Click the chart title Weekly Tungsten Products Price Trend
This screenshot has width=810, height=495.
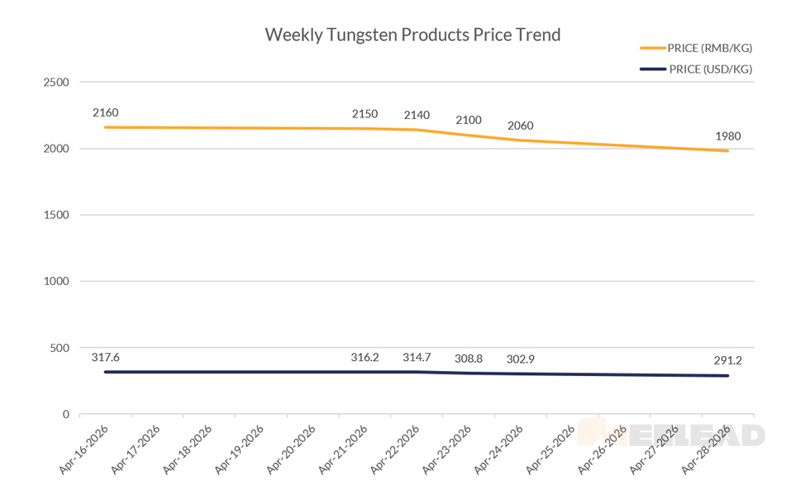[412, 35]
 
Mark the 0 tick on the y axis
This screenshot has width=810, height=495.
[64, 414]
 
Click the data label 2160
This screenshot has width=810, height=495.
[106, 112]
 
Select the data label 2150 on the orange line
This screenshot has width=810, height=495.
[364, 113]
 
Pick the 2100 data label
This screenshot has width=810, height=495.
[469, 121]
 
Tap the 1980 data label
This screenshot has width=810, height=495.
[727, 136]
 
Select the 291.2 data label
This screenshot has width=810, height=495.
[727, 360]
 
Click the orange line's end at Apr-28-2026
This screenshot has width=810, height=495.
[727, 150]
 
